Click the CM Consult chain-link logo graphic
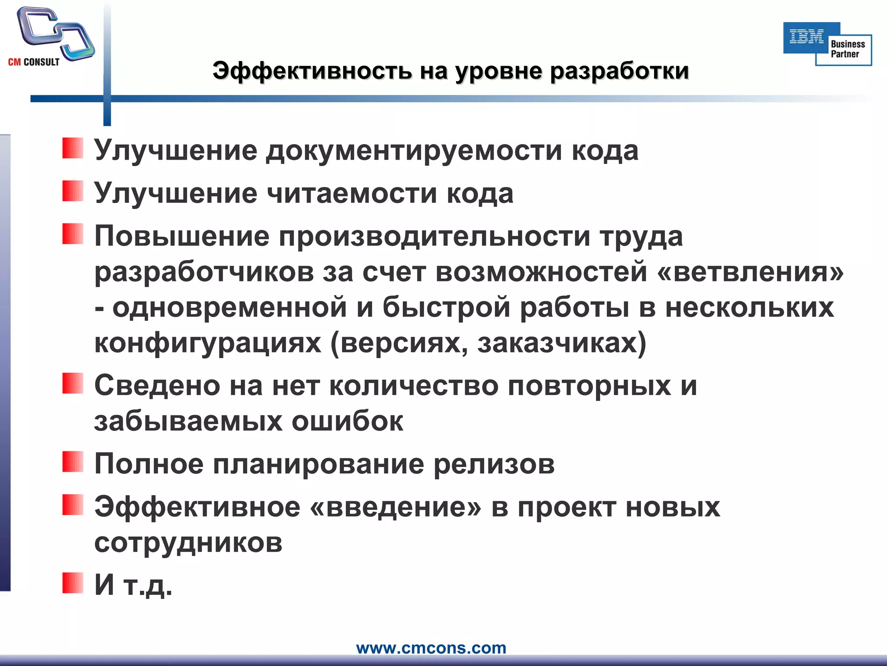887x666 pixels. pyautogui.click(x=55, y=32)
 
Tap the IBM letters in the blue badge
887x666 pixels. pyautogui.click(x=806, y=37)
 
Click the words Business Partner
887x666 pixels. pyautogui.click(x=847, y=49)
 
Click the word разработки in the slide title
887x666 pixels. pyautogui.click(x=619, y=71)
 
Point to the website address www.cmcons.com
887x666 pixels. pyautogui.click(x=431, y=648)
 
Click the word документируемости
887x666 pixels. pyautogui.click(x=414, y=150)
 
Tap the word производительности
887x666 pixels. pyautogui.click(x=434, y=236)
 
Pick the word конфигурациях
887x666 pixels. pyautogui.click(x=208, y=343)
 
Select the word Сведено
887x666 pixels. pyautogui.click(x=157, y=385)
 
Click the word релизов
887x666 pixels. pyautogui.click(x=494, y=464)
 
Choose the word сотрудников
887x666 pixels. pyautogui.click(x=188, y=542)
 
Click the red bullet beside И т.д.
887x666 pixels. pyautogui.click(x=72, y=583)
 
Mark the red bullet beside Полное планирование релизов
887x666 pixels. pyautogui.click(x=72, y=461)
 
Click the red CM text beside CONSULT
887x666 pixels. pyautogui.click(x=14, y=62)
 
